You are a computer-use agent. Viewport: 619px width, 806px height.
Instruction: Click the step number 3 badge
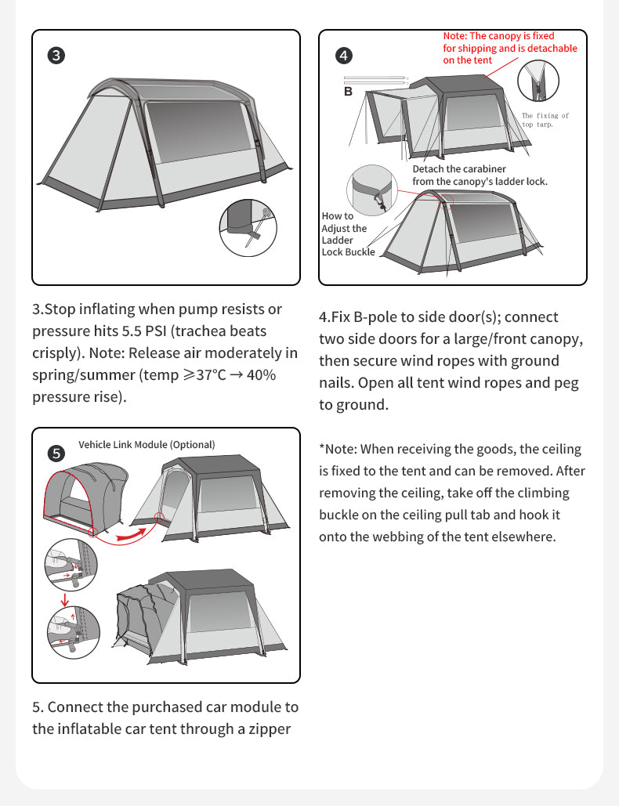(x=56, y=56)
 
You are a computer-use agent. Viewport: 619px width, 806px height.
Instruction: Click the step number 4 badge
(x=343, y=56)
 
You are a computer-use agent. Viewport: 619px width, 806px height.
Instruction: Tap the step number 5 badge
(x=56, y=453)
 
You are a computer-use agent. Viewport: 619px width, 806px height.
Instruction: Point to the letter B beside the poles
(x=349, y=92)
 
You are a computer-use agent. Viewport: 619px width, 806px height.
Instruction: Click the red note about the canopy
(x=509, y=48)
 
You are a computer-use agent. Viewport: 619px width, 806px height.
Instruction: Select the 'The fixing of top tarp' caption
(x=545, y=120)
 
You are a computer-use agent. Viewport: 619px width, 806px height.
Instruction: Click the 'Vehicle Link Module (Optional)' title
(x=147, y=444)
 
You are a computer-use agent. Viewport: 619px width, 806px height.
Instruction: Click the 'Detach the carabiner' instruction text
(x=459, y=169)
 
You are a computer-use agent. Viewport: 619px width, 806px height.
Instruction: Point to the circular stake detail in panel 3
(x=248, y=228)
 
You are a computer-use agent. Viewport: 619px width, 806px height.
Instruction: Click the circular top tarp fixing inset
(x=538, y=81)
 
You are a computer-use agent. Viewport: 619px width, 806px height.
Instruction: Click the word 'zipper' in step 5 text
(x=270, y=728)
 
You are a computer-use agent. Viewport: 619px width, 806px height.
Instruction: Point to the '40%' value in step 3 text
(x=261, y=374)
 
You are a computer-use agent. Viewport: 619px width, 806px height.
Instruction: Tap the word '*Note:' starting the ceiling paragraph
(x=338, y=449)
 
